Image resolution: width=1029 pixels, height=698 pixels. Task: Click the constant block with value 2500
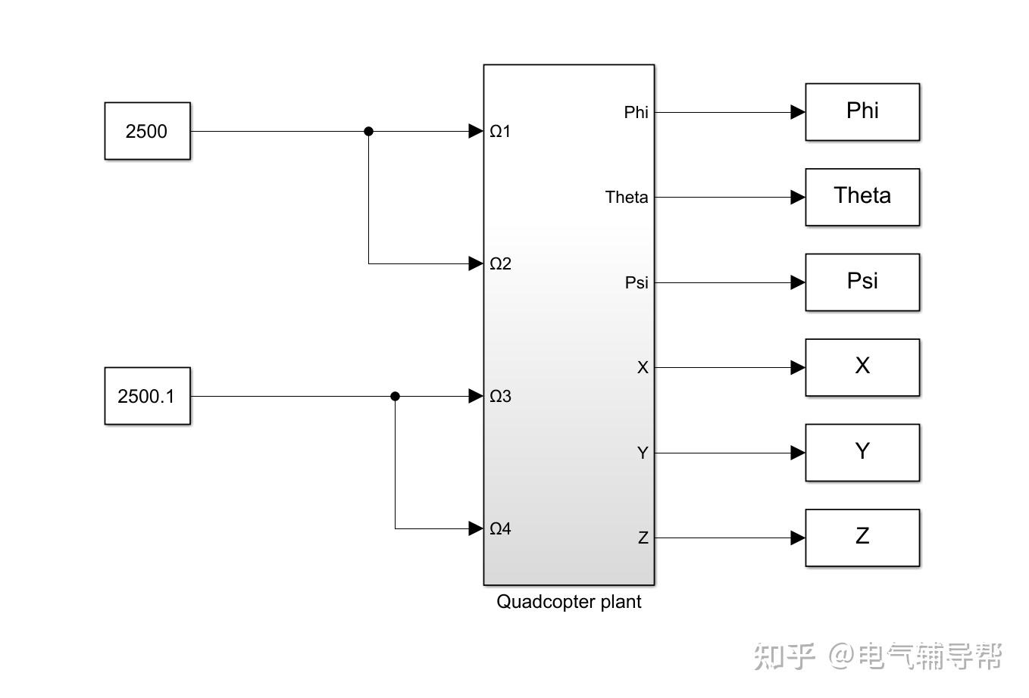pyautogui.click(x=147, y=131)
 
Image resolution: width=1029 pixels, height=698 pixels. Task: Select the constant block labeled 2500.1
pyautogui.click(x=147, y=396)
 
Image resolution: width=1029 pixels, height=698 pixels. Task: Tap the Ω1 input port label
pyautogui.click(x=500, y=132)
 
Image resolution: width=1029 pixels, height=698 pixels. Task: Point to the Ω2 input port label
pyautogui.click(x=500, y=263)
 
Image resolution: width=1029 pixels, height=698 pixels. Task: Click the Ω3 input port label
pyautogui.click(x=500, y=396)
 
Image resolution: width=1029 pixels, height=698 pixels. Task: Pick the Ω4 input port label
pyautogui.click(x=500, y=528)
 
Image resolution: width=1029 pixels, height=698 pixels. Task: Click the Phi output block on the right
pyautogui.click(x=862, y=112)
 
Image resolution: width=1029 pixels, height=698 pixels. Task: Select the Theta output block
pyautogui.click(x=862, y=197)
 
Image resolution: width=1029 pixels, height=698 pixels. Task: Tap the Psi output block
pyautogui.click(x=862, y=282)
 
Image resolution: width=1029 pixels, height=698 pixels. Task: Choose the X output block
pyautogui.click(x=862, y=367)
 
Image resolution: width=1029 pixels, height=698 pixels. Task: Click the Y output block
pyautogui.click(x=862, y=453)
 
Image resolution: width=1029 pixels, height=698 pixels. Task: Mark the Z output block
pyautogui.click(x=862, y=538)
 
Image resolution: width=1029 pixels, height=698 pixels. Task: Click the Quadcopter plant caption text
pyautogui.click(x=568, y=602)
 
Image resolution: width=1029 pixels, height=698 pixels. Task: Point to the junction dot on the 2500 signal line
pyautogui.click(x=369, y=131)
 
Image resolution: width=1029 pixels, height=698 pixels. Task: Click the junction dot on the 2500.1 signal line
pyautogui.click(x=395, y=396)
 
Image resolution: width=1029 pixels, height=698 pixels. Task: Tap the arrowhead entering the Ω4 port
pyautogui.click(x=476, y=528)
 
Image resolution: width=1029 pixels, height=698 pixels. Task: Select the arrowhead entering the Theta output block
pyautogui.click(x=797, y=197)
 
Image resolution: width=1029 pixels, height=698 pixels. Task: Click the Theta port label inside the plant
pyautogui.click(x=627, y=198)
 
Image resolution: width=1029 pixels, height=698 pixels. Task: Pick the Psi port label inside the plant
pyautogui.click(x=636, y=282)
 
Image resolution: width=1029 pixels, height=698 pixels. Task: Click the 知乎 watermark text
pyautogui.click(x=784, y=656)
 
